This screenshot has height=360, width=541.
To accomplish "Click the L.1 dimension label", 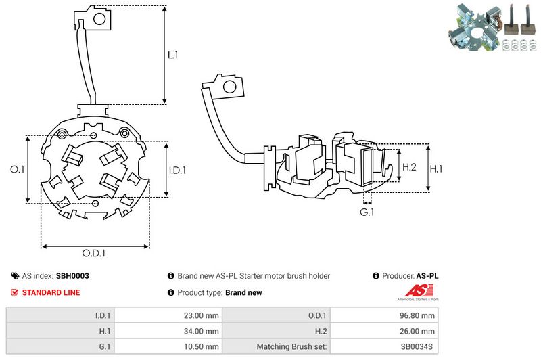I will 173,55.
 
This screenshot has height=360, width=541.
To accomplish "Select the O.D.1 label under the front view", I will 95,254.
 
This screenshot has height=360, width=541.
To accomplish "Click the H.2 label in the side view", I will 409,167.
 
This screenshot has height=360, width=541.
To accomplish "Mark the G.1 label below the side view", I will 367,213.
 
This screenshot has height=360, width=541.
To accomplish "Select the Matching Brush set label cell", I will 292,347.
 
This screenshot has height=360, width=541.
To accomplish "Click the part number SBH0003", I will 72,276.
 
